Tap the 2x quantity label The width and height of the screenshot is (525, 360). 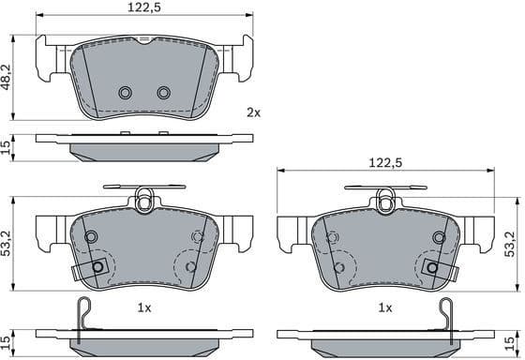(x=253, y=112)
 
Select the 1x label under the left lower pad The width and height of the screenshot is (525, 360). (x=143, y=307)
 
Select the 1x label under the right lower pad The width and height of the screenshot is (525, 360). (x=384, y=307)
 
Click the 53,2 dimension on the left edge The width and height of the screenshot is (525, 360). (x=7, y=247)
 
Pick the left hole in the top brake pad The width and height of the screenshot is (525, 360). (x=126, y=93)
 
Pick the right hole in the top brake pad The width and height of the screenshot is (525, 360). (x=163, y=93)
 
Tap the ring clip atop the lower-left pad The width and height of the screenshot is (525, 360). (x=143, y=198)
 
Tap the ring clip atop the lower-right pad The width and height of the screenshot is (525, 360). (x=384, y=198)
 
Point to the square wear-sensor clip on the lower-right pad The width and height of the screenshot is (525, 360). (x=431, y=267)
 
